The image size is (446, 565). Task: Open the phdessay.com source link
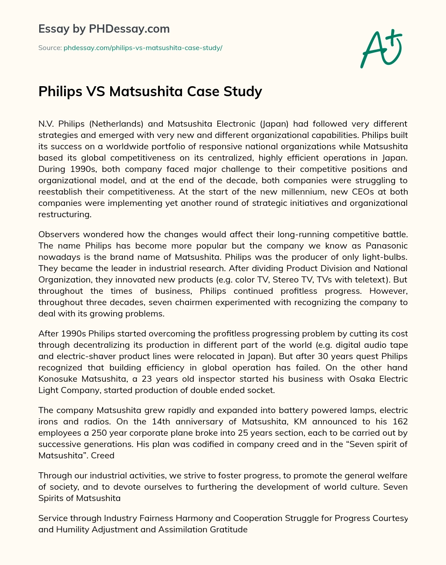(x=143, y=48)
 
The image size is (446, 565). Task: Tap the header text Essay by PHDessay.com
(x=104, y=29)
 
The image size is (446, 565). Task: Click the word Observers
(x=60, y=234)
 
